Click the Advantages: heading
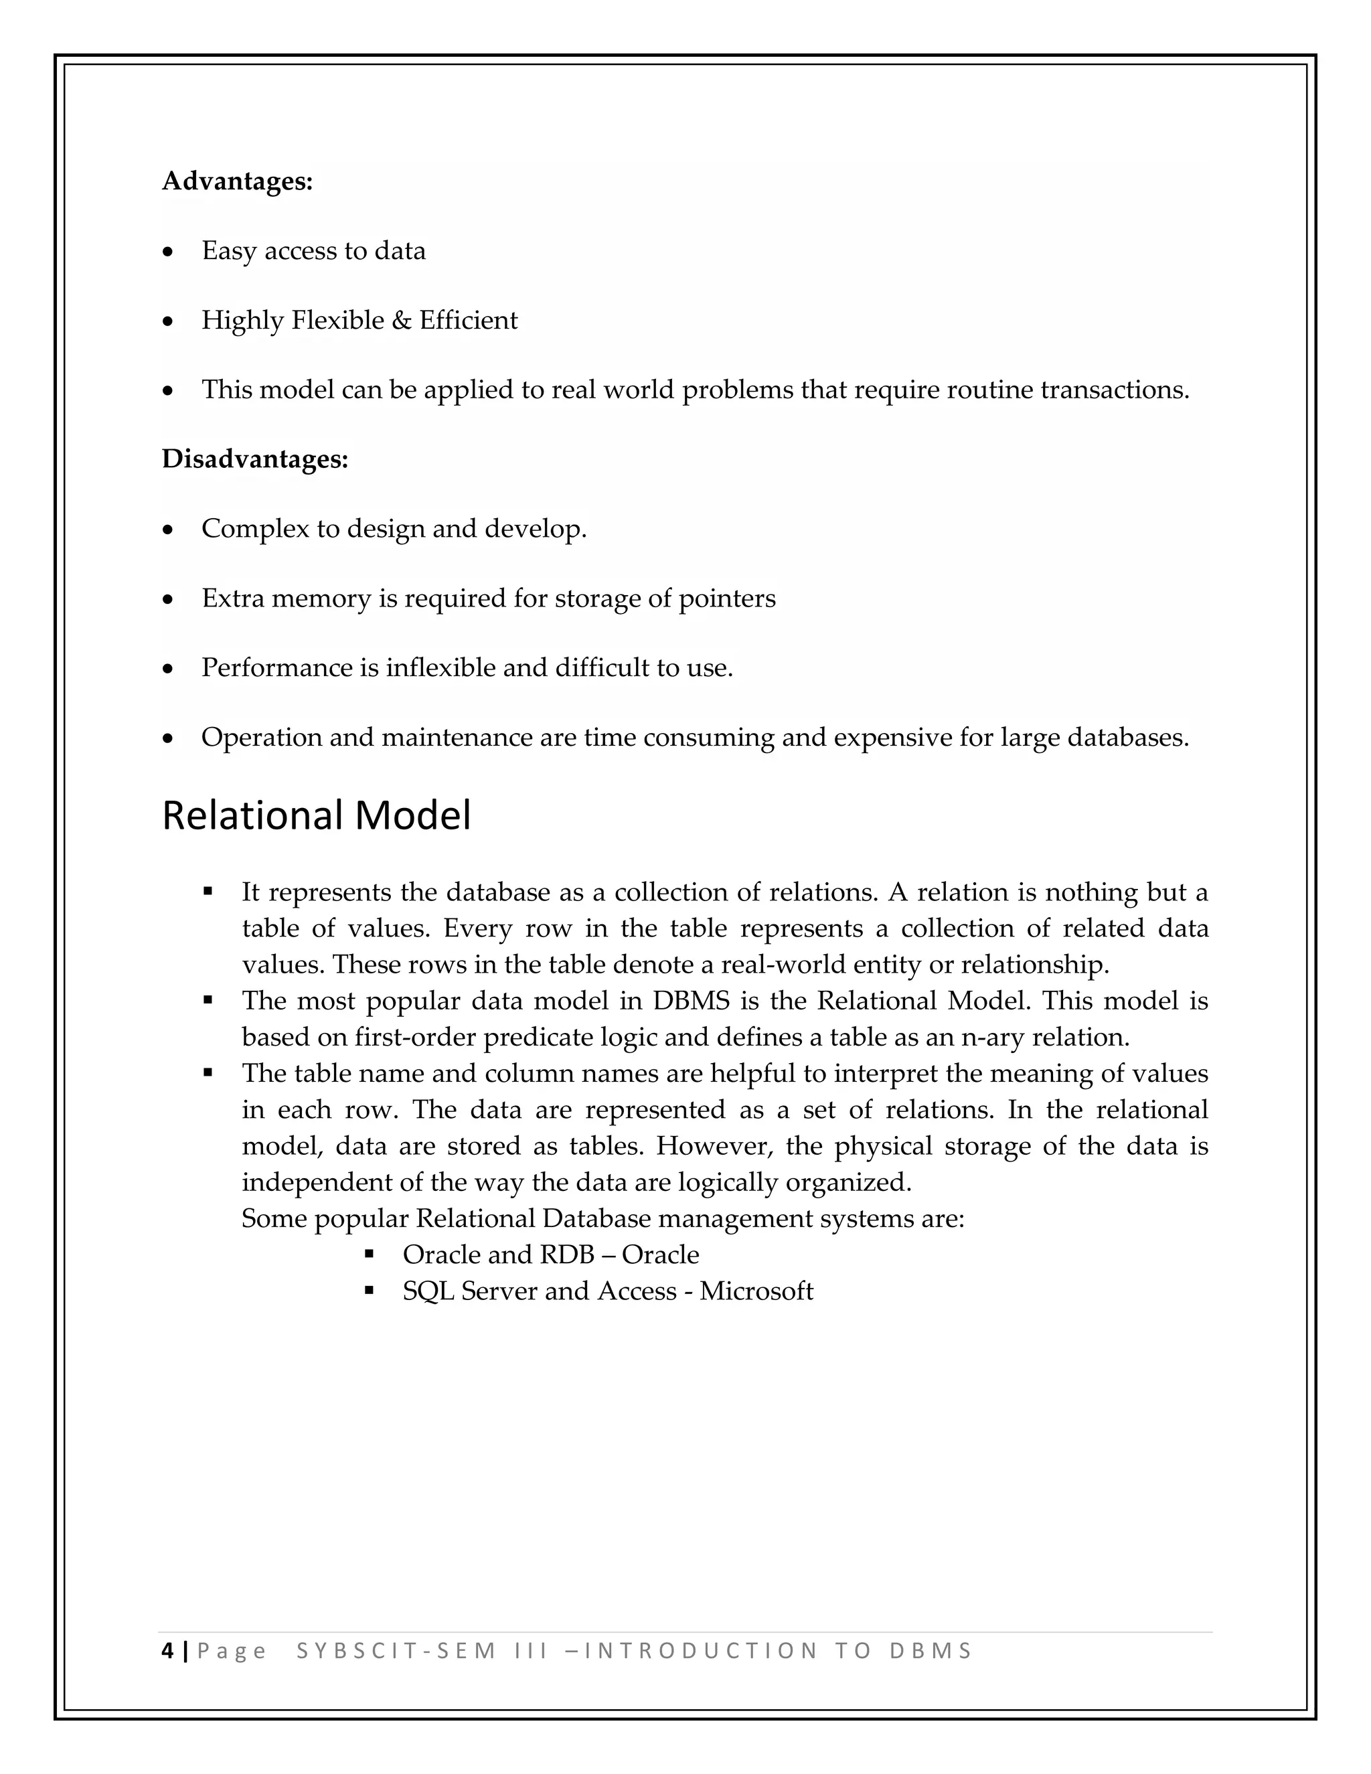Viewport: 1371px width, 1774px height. (237, 181)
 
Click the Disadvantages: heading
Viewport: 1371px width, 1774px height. (255, 459)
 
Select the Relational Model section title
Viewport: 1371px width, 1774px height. (316, 815)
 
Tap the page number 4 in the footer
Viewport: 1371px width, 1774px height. (168, 1651)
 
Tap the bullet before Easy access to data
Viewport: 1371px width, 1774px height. (168, 252)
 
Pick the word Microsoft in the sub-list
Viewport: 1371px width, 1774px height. (756, 1291)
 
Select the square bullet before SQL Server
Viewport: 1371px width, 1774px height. (370, 1290)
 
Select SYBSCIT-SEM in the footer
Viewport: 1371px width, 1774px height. (396, 1651)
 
